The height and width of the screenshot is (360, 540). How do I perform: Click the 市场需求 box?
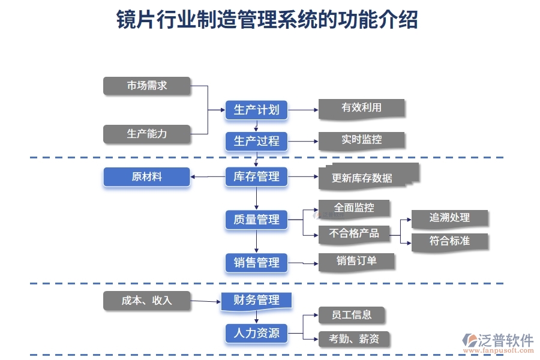147,86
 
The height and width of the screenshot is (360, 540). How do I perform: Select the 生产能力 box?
147,134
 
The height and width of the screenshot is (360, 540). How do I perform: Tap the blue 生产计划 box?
256,110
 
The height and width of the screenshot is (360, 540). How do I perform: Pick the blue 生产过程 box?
256,141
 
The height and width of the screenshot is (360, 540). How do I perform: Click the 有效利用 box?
361,108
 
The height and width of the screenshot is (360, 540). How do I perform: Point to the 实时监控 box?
361,140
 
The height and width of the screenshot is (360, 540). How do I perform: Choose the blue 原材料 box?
147,177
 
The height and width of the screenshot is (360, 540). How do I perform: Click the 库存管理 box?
256,176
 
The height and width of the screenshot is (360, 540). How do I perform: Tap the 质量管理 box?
256,220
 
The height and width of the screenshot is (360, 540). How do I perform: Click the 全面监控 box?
354,208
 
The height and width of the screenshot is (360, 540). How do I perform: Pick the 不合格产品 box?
354,233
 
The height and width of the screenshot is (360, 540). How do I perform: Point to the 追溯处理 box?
449,218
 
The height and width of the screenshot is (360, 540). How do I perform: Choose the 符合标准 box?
449,241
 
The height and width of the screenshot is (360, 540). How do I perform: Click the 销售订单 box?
356,260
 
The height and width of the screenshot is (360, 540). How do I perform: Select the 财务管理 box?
256,300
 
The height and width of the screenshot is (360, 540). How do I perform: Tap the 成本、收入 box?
147,301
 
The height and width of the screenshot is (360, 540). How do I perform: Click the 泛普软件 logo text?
506,341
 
